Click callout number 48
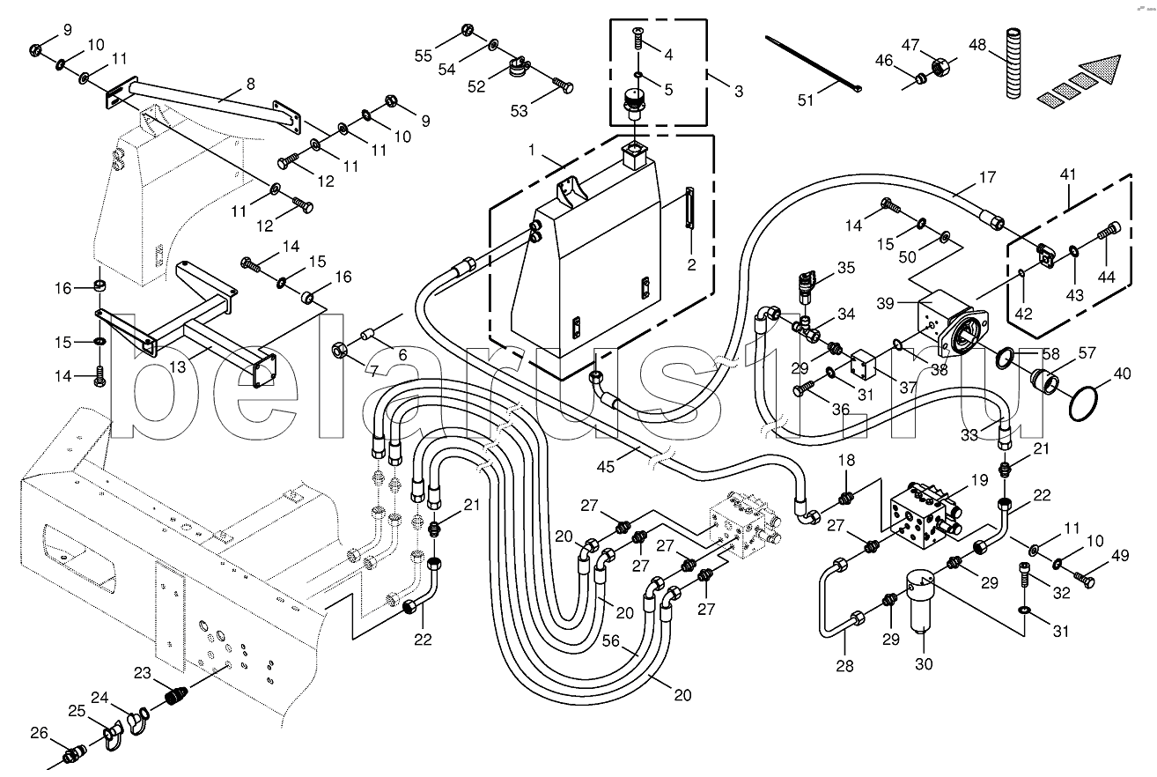977,45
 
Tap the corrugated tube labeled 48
1014,63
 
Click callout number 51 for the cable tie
806,100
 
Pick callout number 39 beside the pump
885,303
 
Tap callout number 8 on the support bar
251,84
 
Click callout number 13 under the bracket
177,366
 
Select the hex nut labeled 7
339,352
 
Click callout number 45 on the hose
606,467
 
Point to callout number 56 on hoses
610,640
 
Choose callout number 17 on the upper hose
987,177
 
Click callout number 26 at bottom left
39,733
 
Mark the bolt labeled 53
563,85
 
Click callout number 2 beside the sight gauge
691,264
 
